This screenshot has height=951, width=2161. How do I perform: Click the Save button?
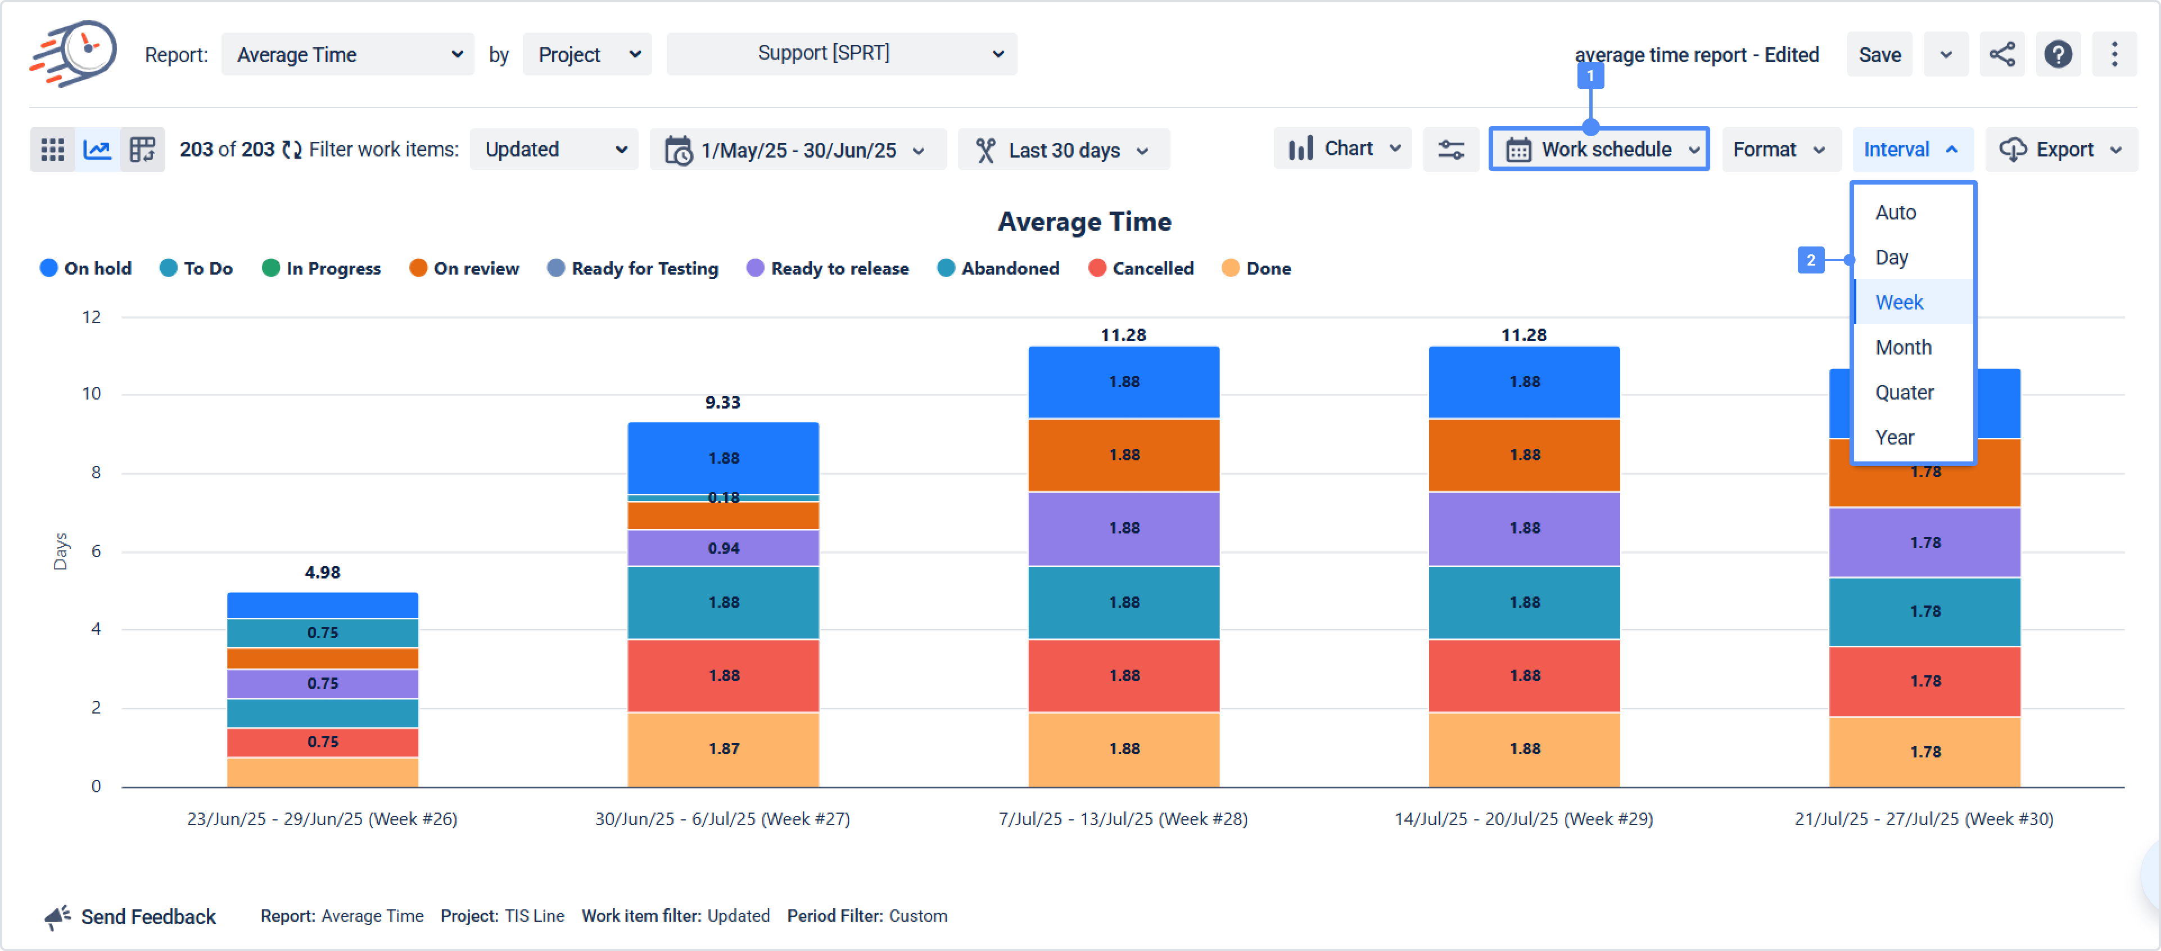click(1879, 55)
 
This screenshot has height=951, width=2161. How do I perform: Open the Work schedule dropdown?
click(1599, 150)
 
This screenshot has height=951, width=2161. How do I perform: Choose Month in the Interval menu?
click(1902, 348)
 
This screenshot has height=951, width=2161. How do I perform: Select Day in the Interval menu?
click(1891, 258)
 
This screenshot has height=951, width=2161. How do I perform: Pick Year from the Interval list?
click(1894, 437)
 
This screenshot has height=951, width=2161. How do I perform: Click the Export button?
click(2061, 150)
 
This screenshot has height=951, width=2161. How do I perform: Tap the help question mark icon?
click(2058, 55)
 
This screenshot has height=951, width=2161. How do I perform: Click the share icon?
click(2001, 55)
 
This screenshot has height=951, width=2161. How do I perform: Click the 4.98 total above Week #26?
click(322, 572)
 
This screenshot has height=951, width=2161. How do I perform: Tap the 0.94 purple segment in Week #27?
click(723, 548)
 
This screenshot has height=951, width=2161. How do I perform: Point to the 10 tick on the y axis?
click(92, 394)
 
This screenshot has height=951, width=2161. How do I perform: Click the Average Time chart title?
click(1084, 222)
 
